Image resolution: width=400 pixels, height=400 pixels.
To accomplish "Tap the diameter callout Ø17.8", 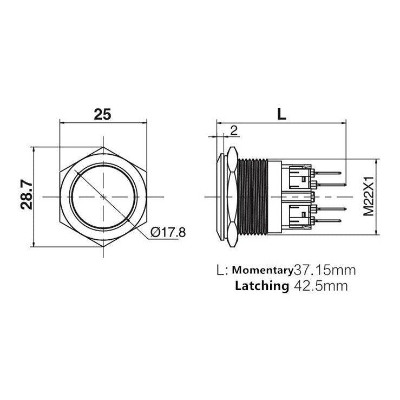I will tap(168, 232).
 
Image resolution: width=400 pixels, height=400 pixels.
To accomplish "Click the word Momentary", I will tap(262, 270).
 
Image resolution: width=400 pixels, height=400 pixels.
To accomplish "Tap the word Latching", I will tap(262, 286).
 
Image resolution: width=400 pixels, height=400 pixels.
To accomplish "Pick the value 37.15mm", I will tap(324, 270).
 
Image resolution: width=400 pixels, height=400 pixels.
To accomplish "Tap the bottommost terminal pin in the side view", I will tap(330, 221).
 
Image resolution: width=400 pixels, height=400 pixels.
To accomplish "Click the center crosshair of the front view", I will tap(103, 196).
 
